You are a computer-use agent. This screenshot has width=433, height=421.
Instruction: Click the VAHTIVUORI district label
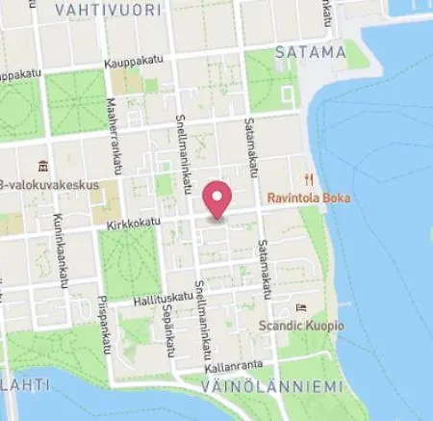[92, 10]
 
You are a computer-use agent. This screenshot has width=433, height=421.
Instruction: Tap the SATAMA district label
[310, 51]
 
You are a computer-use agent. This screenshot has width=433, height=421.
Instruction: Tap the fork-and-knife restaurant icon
[309, 178]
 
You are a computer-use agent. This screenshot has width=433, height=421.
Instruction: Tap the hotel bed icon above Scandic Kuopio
[301, 308]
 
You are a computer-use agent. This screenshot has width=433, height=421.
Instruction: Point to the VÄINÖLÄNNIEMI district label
[272, 387]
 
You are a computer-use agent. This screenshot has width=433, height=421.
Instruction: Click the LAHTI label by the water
[19, 386]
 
